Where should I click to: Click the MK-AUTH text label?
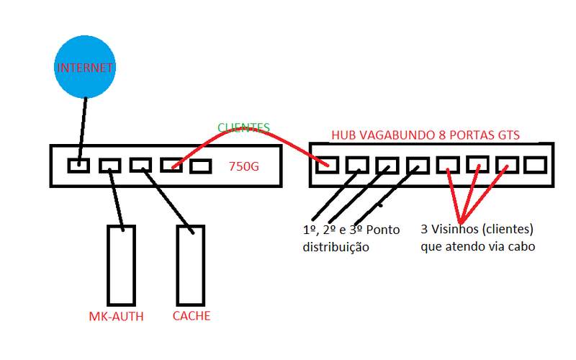116,316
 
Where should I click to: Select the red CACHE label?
192,316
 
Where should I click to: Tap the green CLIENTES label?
243,128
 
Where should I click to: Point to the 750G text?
244,166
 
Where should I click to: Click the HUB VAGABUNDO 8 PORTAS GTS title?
426,135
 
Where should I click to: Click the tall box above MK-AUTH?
120,264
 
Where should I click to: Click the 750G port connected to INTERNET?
77,165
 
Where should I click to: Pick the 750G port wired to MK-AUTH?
109,165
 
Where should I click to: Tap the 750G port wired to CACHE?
139,165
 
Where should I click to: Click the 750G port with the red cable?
171,165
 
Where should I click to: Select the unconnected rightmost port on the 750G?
200,165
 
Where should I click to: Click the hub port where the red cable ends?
326,165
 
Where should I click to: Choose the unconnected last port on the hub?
534,164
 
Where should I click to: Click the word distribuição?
336,248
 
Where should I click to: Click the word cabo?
520,247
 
